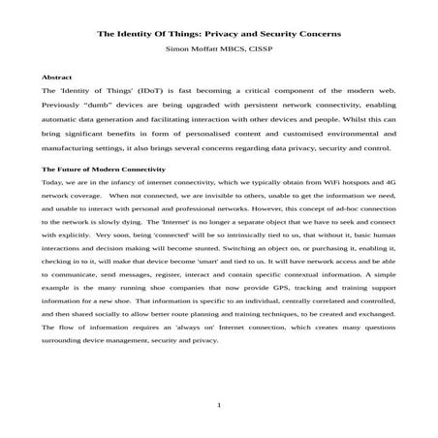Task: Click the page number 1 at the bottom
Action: click(x=220, y=404)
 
